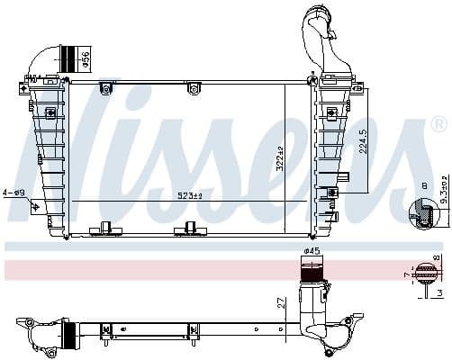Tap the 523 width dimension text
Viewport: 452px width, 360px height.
(x=190, y=195)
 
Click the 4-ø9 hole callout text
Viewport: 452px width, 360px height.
(x=14, y=192)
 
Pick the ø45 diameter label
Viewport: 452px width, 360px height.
(x=312, y=251)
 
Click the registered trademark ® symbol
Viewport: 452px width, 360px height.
(x=438, y=123)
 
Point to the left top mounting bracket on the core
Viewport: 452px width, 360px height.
(x=106, y=87)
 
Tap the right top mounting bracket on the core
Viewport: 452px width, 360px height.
(x=192, y=87)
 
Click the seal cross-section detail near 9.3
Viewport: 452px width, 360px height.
(x=420, y=213)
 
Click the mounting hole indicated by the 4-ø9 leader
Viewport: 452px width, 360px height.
(x=37, y=208)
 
